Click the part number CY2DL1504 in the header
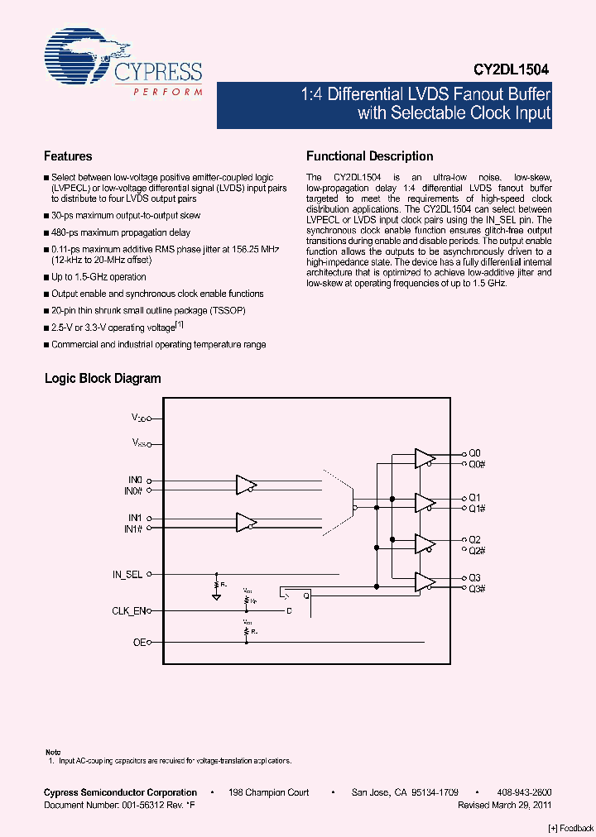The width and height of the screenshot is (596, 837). pyautogui.click(x=511, y=71)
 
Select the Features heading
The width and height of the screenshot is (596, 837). pyautogui.click(x=68, y=155)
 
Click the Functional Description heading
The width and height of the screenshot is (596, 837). pyautogui.click(x=369, y=155)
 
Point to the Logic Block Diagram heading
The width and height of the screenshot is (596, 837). pyautogui.click(x=103, y=379)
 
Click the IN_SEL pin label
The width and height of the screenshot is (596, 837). pyautogui.click(x=127, y=573)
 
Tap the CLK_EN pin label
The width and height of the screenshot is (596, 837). pyautogui.click(x=128, y=611)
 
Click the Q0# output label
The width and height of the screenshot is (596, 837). pyautogui.click(x=476, y=464)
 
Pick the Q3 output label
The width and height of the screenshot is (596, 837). pyautogui.click(x=474, y=578)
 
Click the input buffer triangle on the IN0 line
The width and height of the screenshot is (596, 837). pyautogui.click(x=246, y=485)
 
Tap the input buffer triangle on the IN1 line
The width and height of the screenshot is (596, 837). pyautogui.click(x=246, y=522)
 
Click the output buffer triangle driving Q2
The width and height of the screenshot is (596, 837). pyautogui.click(x=425, y=543)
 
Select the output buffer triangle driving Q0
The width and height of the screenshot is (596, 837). pyautogui.click(x=425, y=459)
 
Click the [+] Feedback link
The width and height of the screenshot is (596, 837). pyautogui.click(x=571, y=828)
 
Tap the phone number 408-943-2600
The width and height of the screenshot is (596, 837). pyautogui.click(x=525, y=792)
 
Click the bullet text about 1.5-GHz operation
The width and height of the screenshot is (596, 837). pyautogui.click(x=99, y=277)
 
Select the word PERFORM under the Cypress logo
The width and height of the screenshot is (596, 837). pyautogui.click(x=167, y=92)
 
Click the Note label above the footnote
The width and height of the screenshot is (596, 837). pyautogui.click(x=52, y=751)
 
